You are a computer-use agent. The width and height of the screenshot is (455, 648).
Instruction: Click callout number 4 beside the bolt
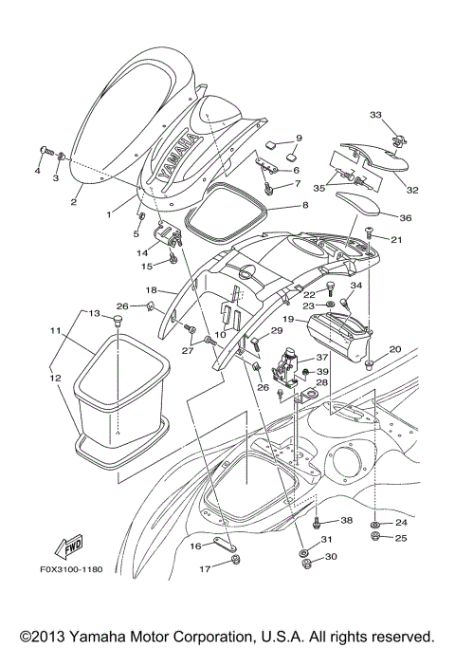[x=38, y=172]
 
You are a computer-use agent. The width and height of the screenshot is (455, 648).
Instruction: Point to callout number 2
[x=74, y=202]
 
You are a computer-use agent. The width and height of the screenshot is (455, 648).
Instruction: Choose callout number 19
[x=285, y=322]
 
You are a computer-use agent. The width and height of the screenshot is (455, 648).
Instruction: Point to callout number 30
[x=330, y=557]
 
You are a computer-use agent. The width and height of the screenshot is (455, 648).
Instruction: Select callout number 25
[x=401, y=539]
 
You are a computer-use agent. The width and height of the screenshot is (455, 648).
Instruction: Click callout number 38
[x=347, y=521]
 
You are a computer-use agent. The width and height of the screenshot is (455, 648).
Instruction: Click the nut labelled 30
[x=304, y=565]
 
